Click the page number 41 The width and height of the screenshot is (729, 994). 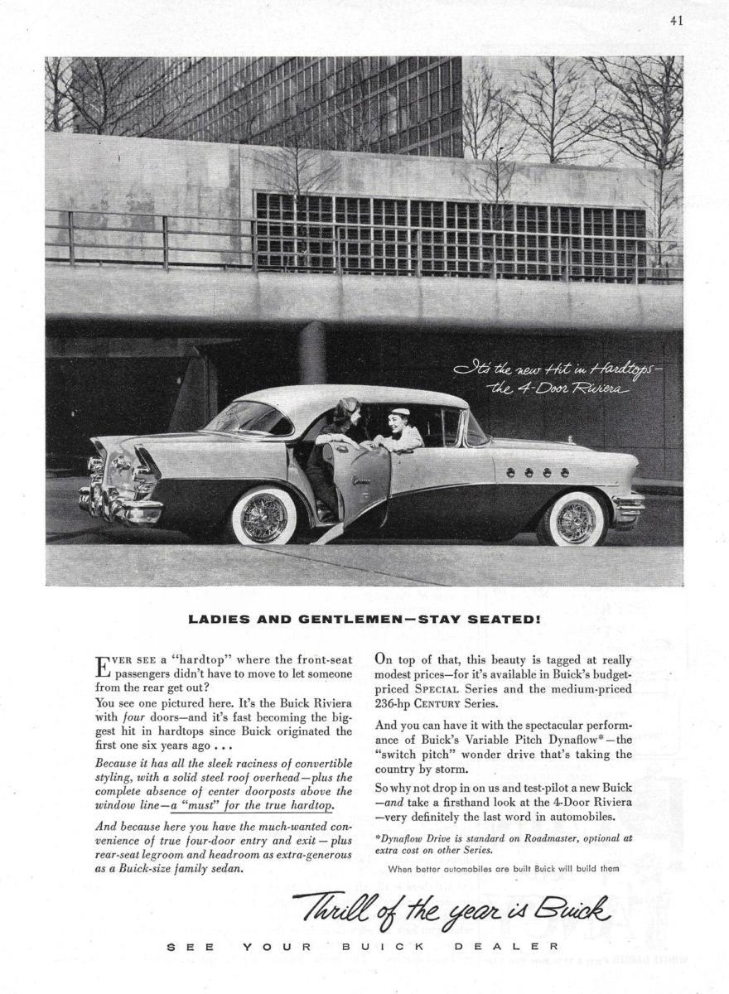tap(676, 23)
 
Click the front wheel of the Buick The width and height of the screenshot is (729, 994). tap(575, 519)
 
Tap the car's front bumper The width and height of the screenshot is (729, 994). tap(630, 504)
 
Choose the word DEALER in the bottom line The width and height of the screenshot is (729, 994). tap(523, 946)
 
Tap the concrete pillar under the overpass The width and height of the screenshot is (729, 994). tap(313, 352)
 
